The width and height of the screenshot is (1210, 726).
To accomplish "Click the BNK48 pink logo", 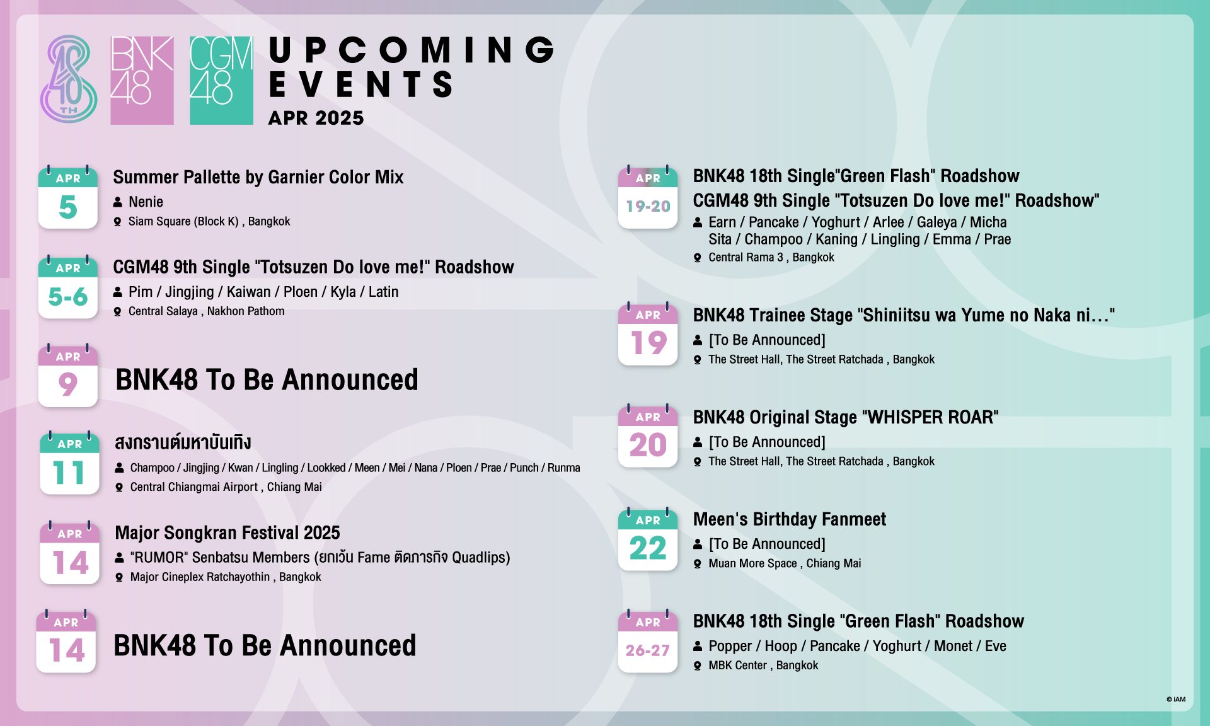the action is coord(142,80).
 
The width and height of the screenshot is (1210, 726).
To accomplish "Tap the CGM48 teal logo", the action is coord(221,80).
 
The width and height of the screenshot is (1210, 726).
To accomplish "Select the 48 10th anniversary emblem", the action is coord(69,79).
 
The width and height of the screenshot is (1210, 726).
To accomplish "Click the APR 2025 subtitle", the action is coord(316,118).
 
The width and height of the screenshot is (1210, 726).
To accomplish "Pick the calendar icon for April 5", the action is coord(68,197).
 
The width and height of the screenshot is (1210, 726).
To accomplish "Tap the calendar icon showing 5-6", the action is coord(68,287).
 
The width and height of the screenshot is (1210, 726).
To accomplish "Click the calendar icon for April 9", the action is coord(68,376).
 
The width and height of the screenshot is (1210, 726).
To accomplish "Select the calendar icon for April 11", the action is coord(70,463).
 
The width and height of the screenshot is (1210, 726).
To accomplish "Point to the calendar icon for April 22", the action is coord(648,539).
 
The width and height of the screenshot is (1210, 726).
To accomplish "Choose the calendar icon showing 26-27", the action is coord(648,642).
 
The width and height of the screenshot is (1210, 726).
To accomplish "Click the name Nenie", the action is coord(146,202).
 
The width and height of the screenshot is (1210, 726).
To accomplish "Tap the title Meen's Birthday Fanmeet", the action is coord(790,519).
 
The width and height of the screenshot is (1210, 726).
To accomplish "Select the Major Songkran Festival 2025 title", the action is coord(228,533).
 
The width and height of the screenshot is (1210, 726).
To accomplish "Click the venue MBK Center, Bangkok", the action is coord(763,665).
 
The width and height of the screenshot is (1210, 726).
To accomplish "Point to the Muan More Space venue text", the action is coord(785,563).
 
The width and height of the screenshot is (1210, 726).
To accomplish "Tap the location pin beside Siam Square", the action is coord(117,222).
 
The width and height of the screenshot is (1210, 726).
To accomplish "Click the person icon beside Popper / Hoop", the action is coord(698,646).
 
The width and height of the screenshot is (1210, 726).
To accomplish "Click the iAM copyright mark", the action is coord(1176,699).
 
